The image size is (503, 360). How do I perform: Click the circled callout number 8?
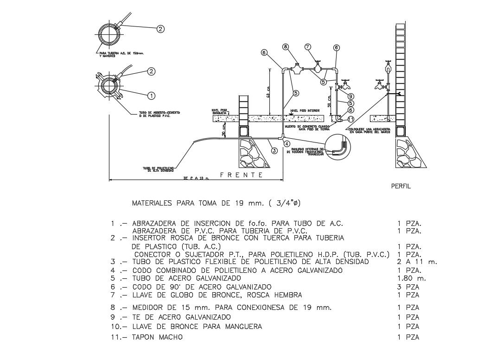tap(286, 47)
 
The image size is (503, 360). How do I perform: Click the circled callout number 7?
tap(308, 47)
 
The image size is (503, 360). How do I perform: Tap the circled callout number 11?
tap(351, 119)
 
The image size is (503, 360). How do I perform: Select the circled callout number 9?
tap(351, 96)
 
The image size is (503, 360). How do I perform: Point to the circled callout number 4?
tap(287, 143)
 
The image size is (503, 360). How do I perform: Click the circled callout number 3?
tap(274, 150)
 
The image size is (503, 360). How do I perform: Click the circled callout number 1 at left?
tap(151, 95)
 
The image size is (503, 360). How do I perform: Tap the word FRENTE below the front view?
tap(242, 175)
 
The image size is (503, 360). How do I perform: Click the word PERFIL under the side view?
tap(401, 186)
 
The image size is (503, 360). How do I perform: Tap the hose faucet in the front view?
tap(344, 86)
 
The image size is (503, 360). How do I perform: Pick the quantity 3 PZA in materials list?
tap(408, 287)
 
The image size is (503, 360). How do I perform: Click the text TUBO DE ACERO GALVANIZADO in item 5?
tap(186, 278)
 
